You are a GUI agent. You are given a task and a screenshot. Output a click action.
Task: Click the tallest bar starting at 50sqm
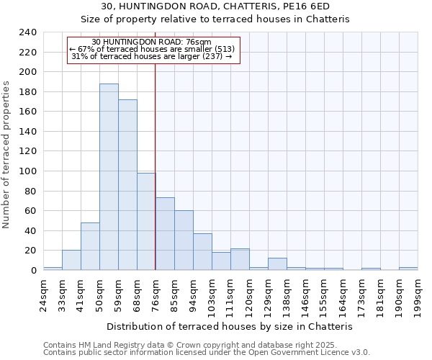109,177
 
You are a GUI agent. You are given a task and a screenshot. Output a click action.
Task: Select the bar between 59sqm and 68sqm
127,185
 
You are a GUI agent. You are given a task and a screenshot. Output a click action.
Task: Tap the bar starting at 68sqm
146,222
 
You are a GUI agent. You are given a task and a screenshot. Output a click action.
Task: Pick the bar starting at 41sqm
90,246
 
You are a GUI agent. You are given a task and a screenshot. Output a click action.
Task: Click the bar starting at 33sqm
71,260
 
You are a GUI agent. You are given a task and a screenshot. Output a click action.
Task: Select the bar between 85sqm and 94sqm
184,240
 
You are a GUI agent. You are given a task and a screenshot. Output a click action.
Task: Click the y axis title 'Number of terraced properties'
7,154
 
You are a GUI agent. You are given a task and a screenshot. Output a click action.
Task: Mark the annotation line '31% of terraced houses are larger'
152,56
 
